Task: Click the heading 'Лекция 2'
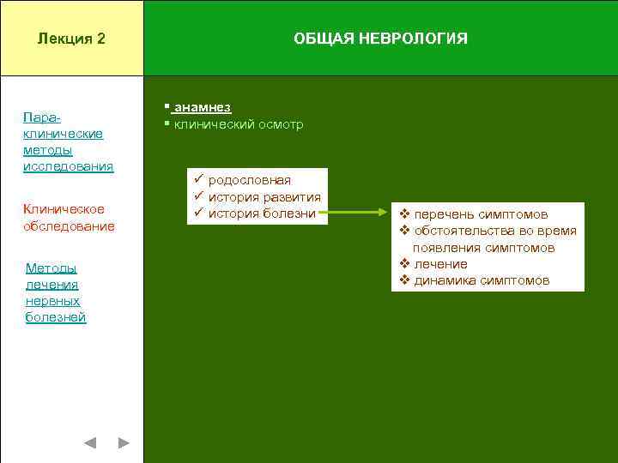click(x=71, y=39)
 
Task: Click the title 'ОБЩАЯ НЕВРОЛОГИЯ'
click(x=380, y=39)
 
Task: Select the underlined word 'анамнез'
click(x=203, y=108)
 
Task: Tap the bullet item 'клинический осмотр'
click(x=238, y=124)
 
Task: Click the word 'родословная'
click(x=249, y=180)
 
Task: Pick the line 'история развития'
click(x=264, y=197)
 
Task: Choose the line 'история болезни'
click(x=262, y=213)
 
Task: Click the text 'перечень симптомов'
click(x=481, y=214)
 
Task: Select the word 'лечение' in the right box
click(x=440, y=264)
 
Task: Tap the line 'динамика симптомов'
click(x=481, y=280)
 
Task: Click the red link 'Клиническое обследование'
click(x=68, y=218)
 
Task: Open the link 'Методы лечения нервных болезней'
click(x=56, y=293)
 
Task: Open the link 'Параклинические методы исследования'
click(x=68, y=141)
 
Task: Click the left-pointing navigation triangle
click(x=90, y=443)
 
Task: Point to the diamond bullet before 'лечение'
click(x=405, y=264)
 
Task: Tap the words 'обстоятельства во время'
click(x=494, y=231)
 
